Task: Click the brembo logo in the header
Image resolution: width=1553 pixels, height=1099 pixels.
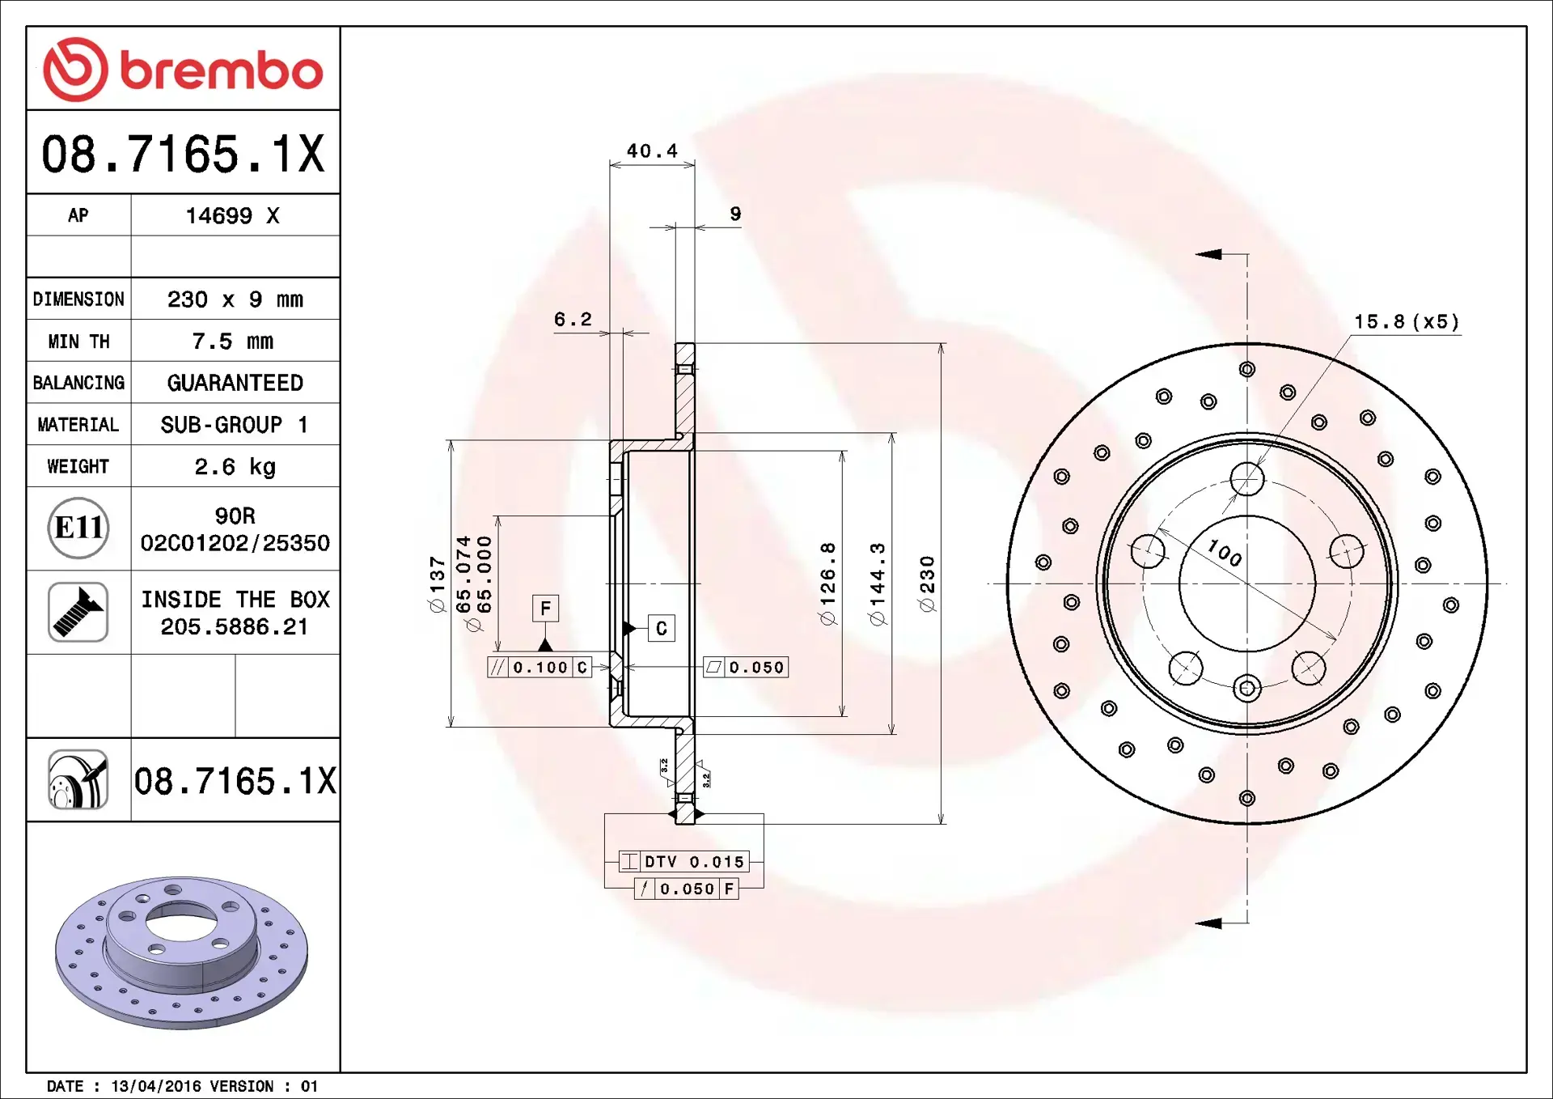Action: coord(183,70)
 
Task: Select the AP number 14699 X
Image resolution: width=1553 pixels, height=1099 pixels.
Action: coord(232,216)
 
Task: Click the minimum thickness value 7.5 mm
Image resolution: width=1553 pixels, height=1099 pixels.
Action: coord(232,342)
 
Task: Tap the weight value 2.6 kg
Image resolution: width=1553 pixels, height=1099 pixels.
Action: coord(235,467)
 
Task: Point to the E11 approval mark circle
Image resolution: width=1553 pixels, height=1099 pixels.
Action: coord(78,528)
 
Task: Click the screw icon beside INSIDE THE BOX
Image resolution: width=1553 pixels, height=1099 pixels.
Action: coord(78,613)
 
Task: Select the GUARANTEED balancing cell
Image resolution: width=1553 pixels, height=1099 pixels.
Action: coord(235,383)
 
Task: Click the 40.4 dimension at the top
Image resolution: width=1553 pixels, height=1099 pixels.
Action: coord(652,151)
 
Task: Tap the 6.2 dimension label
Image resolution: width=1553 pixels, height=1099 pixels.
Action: coord(573,320)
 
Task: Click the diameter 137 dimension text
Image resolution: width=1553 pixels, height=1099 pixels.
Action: coord(438,584)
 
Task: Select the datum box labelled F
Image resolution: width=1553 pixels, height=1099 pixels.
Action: coord(545,609)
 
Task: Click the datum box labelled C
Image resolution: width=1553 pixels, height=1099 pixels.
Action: coord(662,629)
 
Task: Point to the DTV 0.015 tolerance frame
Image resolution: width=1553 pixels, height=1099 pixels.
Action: coord(683,862)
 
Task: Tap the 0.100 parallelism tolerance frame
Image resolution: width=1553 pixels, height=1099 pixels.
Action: coord(540,668)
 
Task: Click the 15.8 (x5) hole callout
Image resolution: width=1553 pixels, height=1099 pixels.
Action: coord(1407,322)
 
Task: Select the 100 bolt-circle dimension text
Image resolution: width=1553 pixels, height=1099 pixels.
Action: coord(1224,554)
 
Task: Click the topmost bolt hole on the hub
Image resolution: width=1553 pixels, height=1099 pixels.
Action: coord(1246,479)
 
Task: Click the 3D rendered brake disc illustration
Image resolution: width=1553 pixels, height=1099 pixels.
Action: coord(181,952)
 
